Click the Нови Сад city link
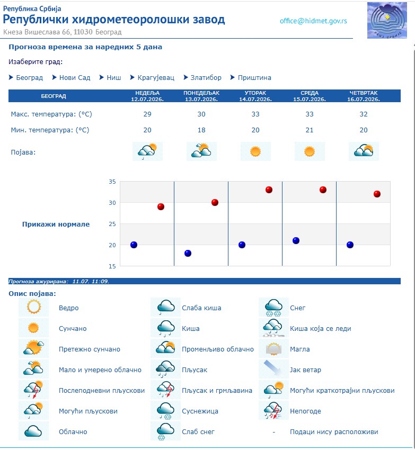point(75,77)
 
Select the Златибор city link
point(206,77)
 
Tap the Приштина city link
point(254,77)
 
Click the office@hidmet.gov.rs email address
point(313,21)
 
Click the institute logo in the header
point(387,20)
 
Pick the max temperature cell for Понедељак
point(201,114)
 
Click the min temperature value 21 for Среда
point(310,130)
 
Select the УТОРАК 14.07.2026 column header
point(255,96)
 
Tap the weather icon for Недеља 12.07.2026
point(147,151)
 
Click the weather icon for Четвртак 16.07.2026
point(364,151)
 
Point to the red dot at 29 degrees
point(161,206)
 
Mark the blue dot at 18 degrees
point(188,253)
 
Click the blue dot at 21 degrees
point(296,240)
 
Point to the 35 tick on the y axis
point(112,182)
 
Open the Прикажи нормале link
point(56,224)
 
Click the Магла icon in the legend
point(273,349)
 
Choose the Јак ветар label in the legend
point(305,370)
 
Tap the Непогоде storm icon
point(273,411)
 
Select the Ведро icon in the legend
point(33,307)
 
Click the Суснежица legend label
point(200,411)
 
